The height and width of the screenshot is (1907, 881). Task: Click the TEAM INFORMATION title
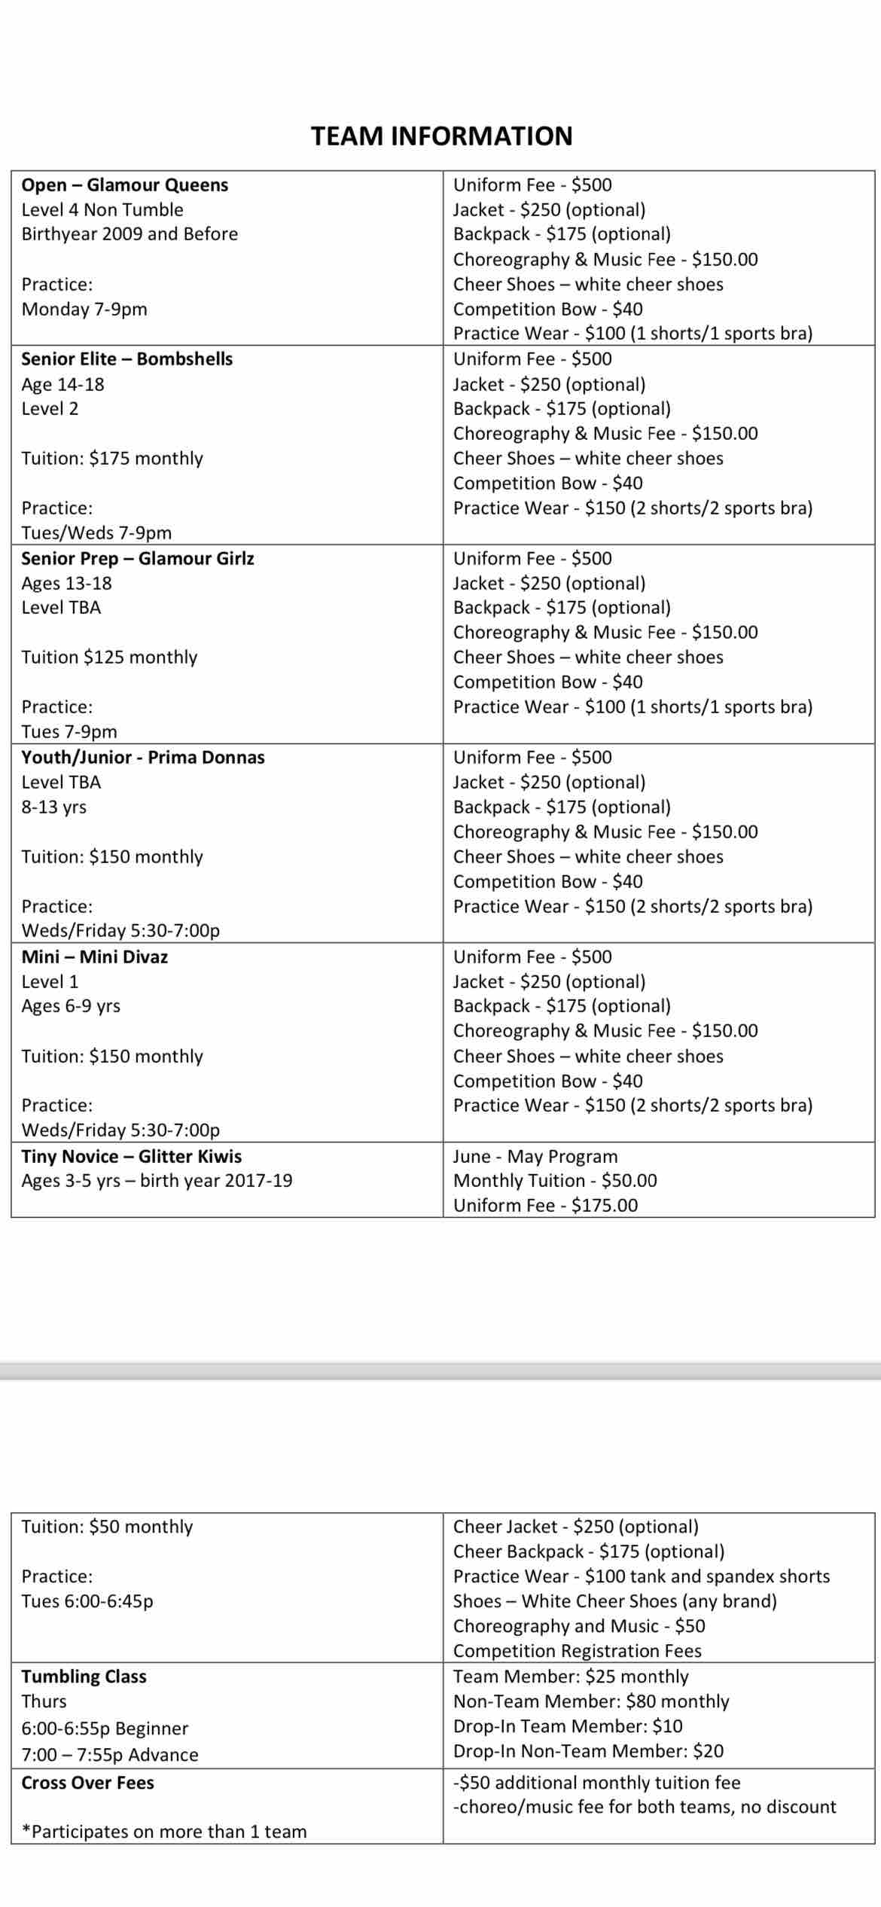tap(441, 136)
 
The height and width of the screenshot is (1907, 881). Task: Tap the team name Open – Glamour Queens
tap(125, 185)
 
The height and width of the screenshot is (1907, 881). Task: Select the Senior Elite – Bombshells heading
tap(127, 359)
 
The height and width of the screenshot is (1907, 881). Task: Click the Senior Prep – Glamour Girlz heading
tap(138, 559)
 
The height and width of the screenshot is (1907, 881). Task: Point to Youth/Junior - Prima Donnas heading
tap(143, 758)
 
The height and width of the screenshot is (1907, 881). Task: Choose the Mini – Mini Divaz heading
tap(95, 957)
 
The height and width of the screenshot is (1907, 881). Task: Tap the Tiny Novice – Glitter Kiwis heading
tap(132, 1157)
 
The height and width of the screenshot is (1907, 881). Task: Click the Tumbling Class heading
tap(84, 1677)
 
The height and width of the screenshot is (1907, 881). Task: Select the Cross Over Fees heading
tap(88, 1783)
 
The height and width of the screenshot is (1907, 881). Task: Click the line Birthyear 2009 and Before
tap(130, 234)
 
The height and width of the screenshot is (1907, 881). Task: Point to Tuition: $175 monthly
tap(112, 459)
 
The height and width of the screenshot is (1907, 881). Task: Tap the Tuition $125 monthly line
tap(109, 658)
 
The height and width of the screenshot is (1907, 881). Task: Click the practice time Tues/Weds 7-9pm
tap(96, 533)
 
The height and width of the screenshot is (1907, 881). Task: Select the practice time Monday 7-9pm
tap(84, 310)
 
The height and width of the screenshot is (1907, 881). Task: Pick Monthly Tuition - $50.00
tap(555, 1181)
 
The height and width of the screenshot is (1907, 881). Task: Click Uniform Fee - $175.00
tap(545, 1206)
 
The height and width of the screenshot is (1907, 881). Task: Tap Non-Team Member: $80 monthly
tap(591, 1701)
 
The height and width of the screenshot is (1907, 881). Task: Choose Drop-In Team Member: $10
tap(568, 1726)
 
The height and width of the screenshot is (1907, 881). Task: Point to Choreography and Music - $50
tap(579, 1626)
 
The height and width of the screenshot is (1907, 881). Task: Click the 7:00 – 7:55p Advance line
tap(110, 1755)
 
